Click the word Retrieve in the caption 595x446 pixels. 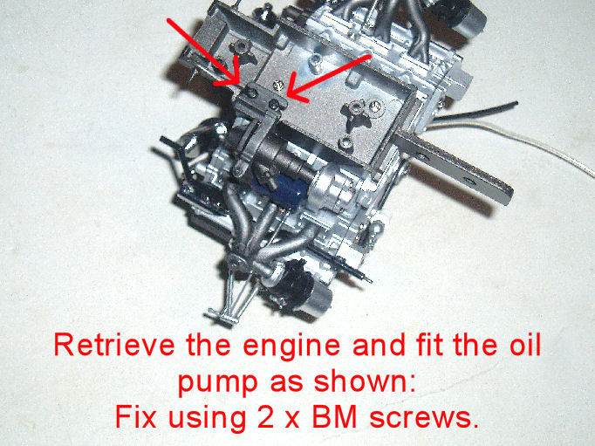pyautogui.click(x=114, y=344)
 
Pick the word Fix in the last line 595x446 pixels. pyautogui.click(x=135, y=417)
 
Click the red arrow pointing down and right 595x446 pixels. pyautogui.click(x=203, y=52)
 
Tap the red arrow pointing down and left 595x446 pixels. pyautogui.click(x=329, y=79)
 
